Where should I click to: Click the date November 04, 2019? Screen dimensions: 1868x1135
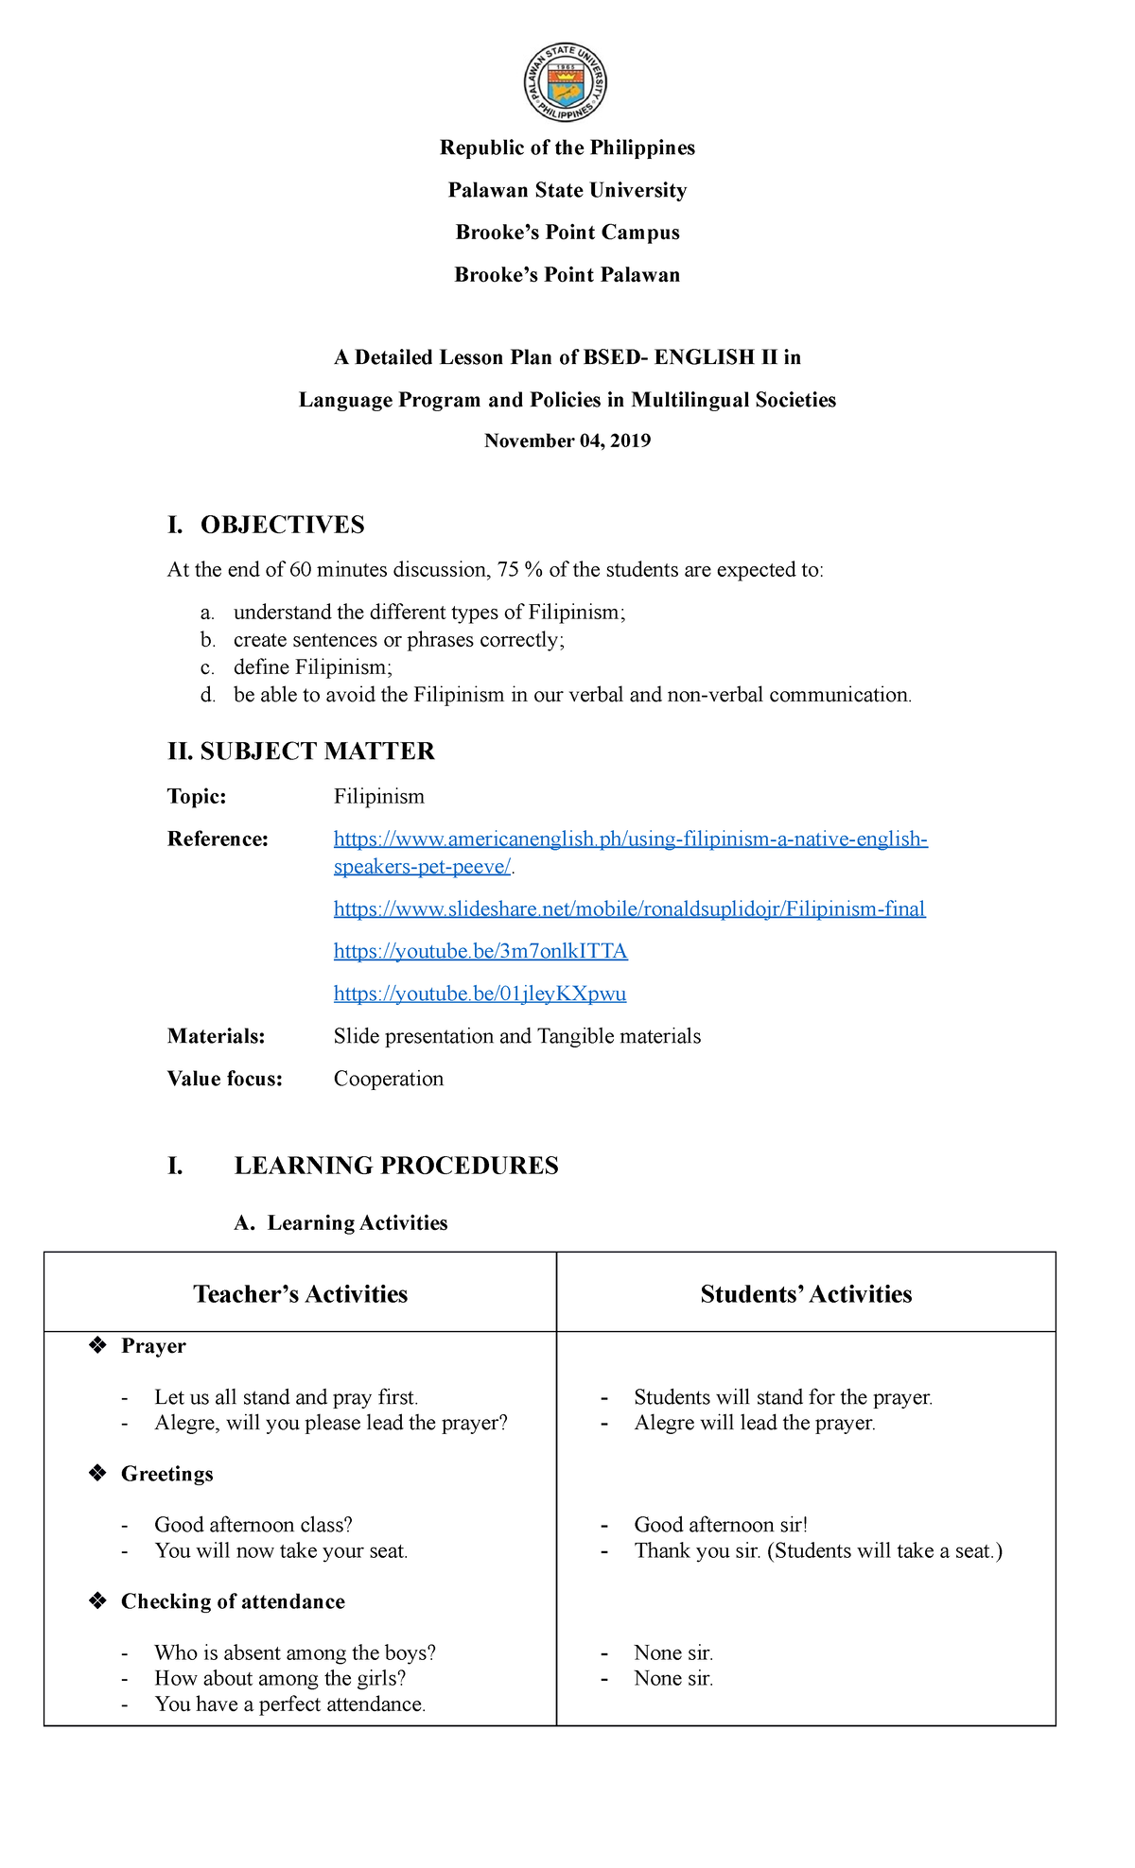pos(567,441)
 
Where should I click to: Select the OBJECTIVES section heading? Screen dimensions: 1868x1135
pos(282,526)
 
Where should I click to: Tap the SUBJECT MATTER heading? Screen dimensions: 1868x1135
pos(301,752)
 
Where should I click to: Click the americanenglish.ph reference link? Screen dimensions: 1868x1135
pos(631,839)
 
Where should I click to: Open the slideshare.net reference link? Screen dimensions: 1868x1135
pos(629,909)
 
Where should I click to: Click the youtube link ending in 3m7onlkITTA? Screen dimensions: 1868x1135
pos(480,951)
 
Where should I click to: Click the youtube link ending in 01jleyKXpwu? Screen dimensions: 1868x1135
pos(480,994)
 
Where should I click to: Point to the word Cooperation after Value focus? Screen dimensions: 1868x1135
pos(388,1080)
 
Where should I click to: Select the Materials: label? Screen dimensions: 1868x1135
pos(216,1037)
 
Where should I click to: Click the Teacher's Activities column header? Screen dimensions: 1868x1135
pos(301,1294)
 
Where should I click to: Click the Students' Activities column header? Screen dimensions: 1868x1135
pos(806,1294)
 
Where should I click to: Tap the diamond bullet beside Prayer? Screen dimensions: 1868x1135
pos(96,1346)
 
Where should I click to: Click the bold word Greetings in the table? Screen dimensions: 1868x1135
pos(166,1474)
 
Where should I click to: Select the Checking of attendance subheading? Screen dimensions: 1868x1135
pos(233,1601)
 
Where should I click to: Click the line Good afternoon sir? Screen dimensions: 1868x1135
pos(721,1525)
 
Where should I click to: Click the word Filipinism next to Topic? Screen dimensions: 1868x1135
pos(378,797)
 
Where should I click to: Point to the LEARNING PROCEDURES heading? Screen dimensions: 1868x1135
pos(396,1166)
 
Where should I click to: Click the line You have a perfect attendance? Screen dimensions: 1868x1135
pos(290,1704)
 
